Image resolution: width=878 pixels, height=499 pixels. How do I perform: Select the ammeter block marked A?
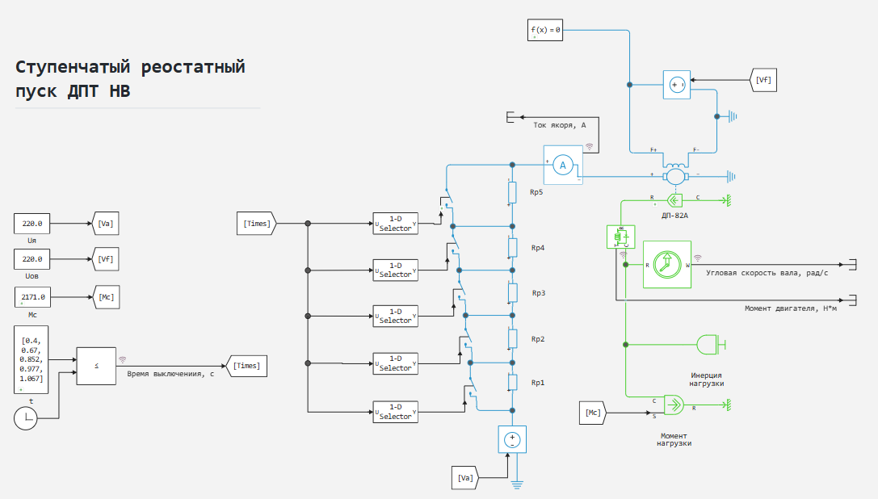click(564, 165)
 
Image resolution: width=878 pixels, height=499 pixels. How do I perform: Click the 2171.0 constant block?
click(33, 297)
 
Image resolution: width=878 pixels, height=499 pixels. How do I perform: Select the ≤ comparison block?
click(97, 366)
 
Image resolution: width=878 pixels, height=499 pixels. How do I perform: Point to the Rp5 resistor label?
click(537, 193)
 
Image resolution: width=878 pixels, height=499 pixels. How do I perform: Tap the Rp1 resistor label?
click(537, 382)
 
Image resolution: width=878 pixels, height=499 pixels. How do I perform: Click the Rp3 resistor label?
click(537, 292)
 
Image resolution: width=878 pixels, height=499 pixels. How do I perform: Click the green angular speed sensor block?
click(667, 264)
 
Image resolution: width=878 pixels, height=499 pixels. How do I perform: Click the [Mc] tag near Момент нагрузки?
click(593, 413)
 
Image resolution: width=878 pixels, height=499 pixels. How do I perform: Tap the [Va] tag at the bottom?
click(464, 478)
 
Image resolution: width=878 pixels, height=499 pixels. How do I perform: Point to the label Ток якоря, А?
click(559, 125)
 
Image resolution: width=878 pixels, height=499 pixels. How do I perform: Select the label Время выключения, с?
click(170, 373)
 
